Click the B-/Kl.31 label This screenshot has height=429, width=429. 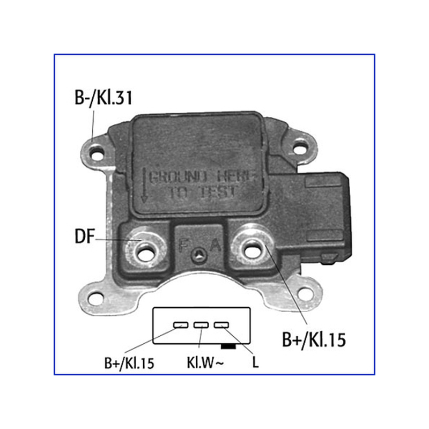coord(103,98)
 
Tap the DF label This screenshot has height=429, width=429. coord(85,236)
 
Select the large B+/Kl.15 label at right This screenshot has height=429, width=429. coord(314,340)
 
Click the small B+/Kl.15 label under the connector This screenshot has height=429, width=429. coord(129,363)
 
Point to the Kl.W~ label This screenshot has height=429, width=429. coord(205,363)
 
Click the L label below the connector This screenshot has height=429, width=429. coord(255,363)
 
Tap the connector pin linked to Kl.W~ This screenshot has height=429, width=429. coord(201,325)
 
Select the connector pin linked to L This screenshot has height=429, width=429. coord(221,325)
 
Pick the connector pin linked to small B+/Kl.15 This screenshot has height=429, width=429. coord(181,325)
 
